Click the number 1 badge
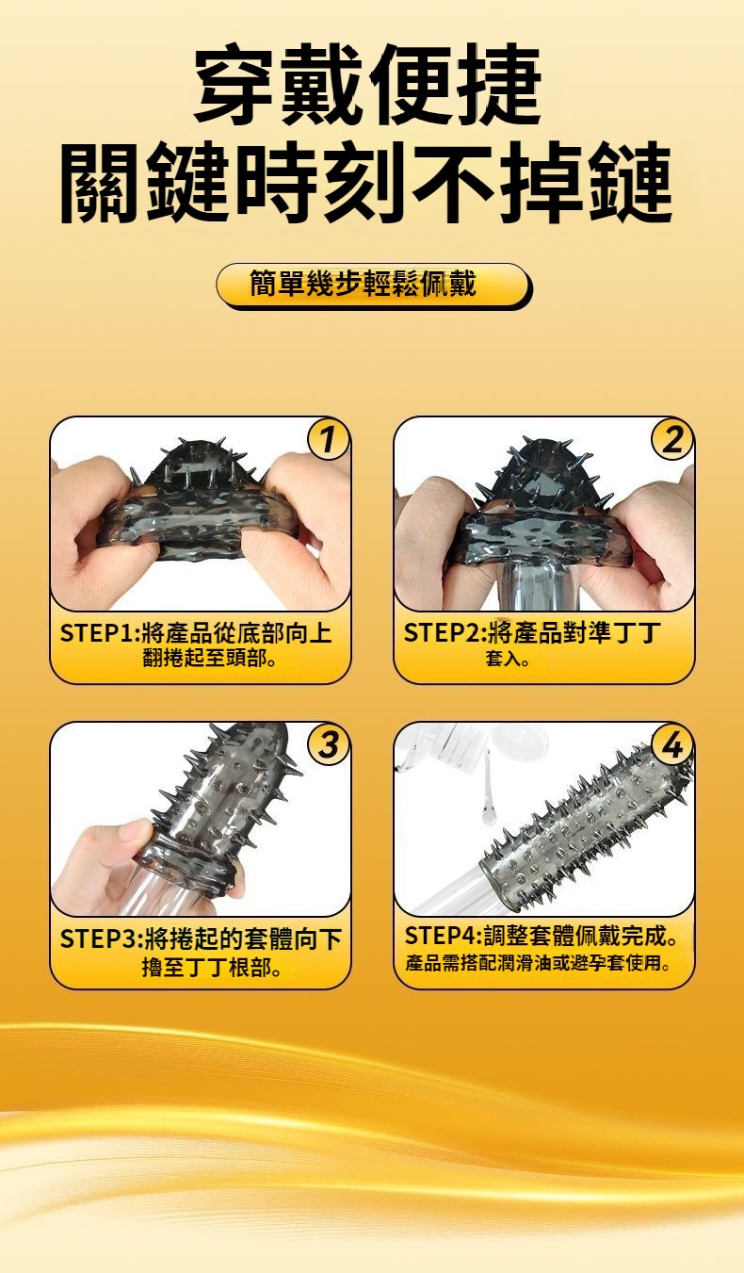(x=327, y=439)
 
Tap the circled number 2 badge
(x=671, y=439)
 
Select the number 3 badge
(x=327, y=744)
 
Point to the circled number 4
(x=671, y=744)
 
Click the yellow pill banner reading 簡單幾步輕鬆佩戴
(x=373, y=285)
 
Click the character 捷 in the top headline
(x=497, y=84)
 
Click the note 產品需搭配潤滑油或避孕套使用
(x=538, y=963)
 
